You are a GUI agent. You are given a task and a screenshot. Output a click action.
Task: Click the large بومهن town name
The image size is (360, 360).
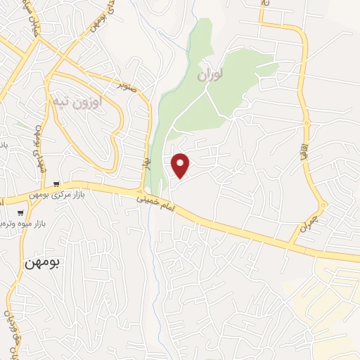click(x=42, y=264)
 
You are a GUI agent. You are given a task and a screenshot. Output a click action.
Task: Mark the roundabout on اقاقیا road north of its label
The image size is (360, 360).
click(x=307, y=124)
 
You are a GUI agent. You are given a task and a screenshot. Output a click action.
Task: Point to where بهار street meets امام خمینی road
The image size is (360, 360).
click(x=143, y=191)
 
